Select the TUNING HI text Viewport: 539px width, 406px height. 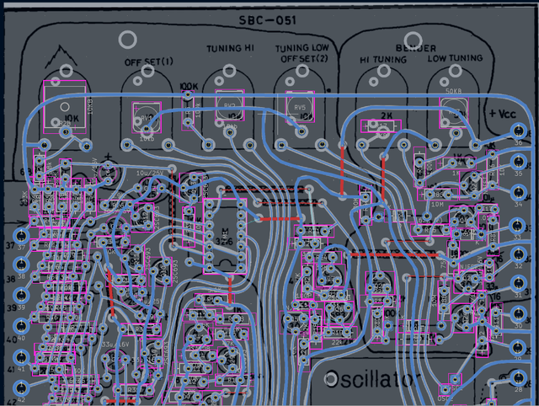click(x=229, y=49)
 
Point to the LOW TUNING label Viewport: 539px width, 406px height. click(x=455, y=59)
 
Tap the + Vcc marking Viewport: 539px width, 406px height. click(x=504, y=113)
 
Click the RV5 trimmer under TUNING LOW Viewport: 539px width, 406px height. click(x=300, y=110)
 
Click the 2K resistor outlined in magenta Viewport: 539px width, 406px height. click(x=386, y=126)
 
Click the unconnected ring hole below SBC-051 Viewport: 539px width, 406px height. click(x=128, y=40)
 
